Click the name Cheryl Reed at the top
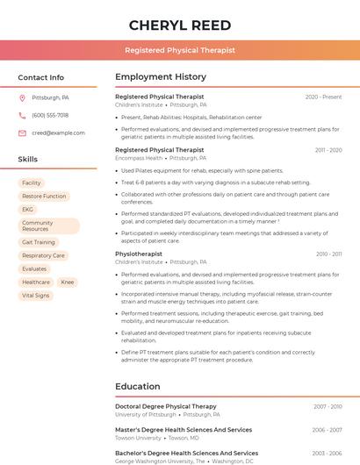click(x=180, y=25)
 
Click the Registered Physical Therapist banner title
click(x=180, y=51)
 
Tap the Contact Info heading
click(x=41, y=77)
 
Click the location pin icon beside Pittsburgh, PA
click(x=22, y=98)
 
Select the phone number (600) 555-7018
click(x=50, y=116)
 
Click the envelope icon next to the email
click(x=22, y=133)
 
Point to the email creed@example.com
click(x=58, y=133)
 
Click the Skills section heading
click(x=28, y=160)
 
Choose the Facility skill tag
click(x=32, y=182)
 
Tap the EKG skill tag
click(x=28, y=209)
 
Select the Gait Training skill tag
click(x=39, y=242)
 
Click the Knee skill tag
click(x=68, y=283)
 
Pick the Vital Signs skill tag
click(x=36, y=296)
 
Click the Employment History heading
click(x=161, y=77)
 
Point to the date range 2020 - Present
click(x=323, y=97)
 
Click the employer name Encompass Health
click(x=139, y=158)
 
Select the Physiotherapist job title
click(x=139, y=254)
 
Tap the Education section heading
click(x=138, y=386)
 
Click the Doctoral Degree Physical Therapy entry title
click(x=166, y=406)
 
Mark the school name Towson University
click(x=138, y=437)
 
